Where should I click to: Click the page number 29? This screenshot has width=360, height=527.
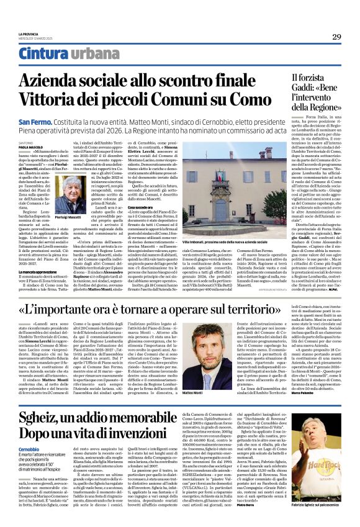coord(336,37)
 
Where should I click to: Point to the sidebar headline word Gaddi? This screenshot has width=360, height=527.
coord(276,92)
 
